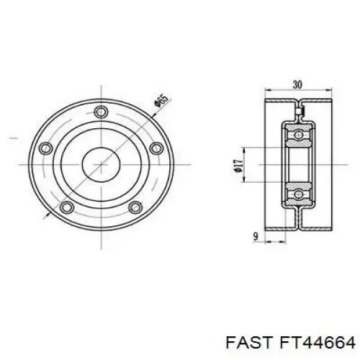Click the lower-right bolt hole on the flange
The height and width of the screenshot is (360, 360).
coord(134,207)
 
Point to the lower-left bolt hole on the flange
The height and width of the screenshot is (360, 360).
coord(68,207)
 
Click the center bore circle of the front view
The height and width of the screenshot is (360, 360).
coord(101,165)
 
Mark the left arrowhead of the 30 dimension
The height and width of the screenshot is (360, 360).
coord(266,92)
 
